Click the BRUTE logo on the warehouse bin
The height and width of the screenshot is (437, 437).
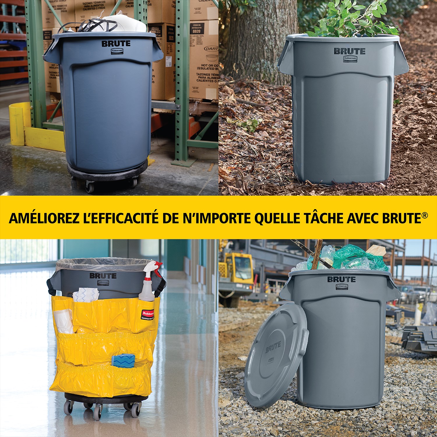point(116,44)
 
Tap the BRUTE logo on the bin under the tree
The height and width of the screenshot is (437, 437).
point(349,51)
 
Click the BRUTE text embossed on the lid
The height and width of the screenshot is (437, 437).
point(273,347)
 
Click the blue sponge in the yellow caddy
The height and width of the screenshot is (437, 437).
point(122,361)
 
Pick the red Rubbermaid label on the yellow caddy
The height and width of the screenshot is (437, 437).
point(149,314)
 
